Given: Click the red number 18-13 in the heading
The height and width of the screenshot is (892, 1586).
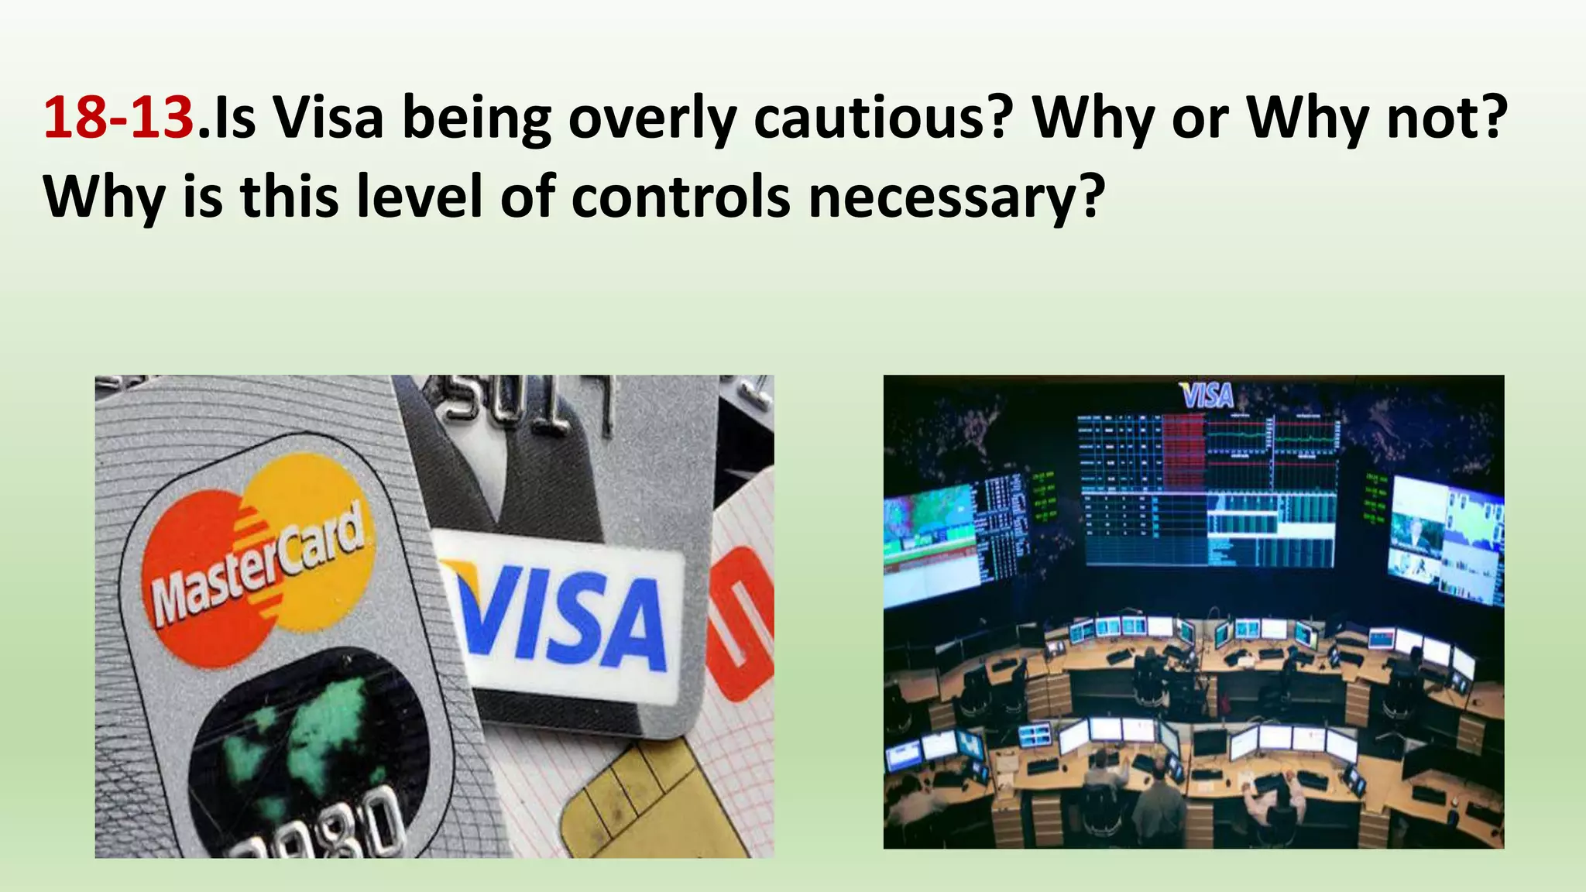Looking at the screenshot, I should coord(118,118).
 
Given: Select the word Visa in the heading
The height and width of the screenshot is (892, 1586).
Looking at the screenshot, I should coord(328,118).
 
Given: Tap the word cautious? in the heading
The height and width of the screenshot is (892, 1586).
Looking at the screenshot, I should coord(883,118).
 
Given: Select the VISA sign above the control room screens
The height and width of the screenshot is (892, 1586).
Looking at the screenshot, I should coord(1207,396).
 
